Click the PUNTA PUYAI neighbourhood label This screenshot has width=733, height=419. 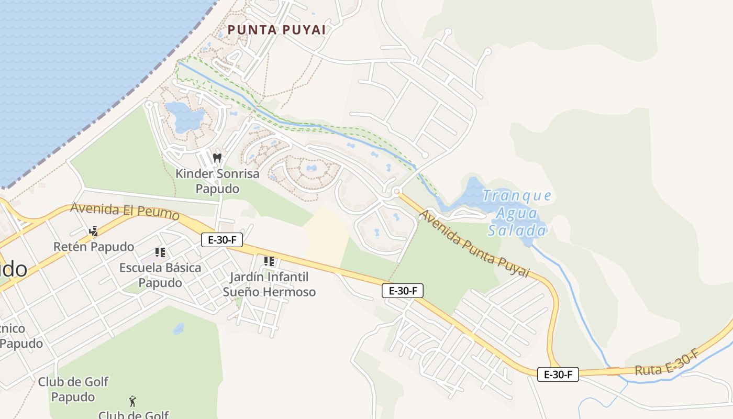277,30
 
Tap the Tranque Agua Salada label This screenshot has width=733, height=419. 517,213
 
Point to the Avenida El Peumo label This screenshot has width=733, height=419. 125,211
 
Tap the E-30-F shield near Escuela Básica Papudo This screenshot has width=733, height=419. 223,240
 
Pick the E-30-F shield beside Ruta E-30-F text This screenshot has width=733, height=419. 558,374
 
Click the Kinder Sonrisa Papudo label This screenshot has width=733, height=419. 217,181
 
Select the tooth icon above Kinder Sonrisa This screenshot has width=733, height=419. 217,157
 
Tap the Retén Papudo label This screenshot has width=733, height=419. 94,246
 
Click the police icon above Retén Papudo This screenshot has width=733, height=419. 94,230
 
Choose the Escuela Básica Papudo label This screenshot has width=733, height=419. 160,275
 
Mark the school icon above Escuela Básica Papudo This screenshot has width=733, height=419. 160,252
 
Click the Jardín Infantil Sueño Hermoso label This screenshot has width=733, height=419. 269,284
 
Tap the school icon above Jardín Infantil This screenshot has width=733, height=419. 269,261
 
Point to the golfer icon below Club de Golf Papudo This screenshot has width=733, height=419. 132,401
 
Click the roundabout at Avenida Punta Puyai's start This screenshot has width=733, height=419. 397,191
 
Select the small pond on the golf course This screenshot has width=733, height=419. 179,329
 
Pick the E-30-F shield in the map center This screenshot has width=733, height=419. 403,291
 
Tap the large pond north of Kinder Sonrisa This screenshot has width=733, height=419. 184,116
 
